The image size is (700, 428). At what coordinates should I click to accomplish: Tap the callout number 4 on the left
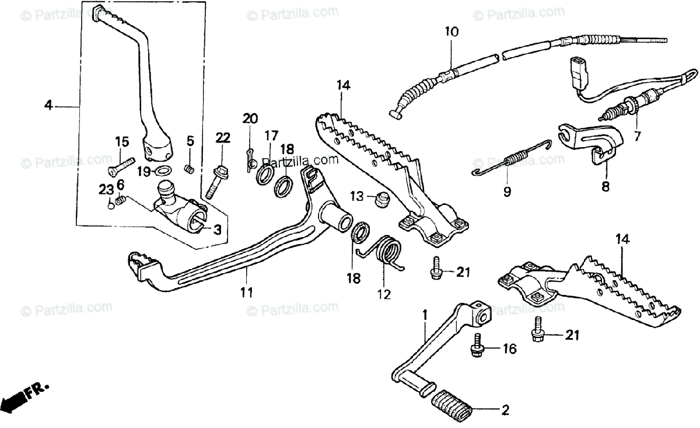click(x=48, y=106)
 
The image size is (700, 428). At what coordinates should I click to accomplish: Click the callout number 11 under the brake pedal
click(x=247, y=292)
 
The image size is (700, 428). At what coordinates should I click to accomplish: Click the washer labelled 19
click(x=163, y=171)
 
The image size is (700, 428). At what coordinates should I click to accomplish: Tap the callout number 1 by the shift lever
click(x=425, y=315)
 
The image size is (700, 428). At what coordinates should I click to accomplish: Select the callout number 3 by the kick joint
click(x=216, y=229)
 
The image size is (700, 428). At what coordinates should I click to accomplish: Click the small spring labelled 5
click(x=189, y=169)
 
